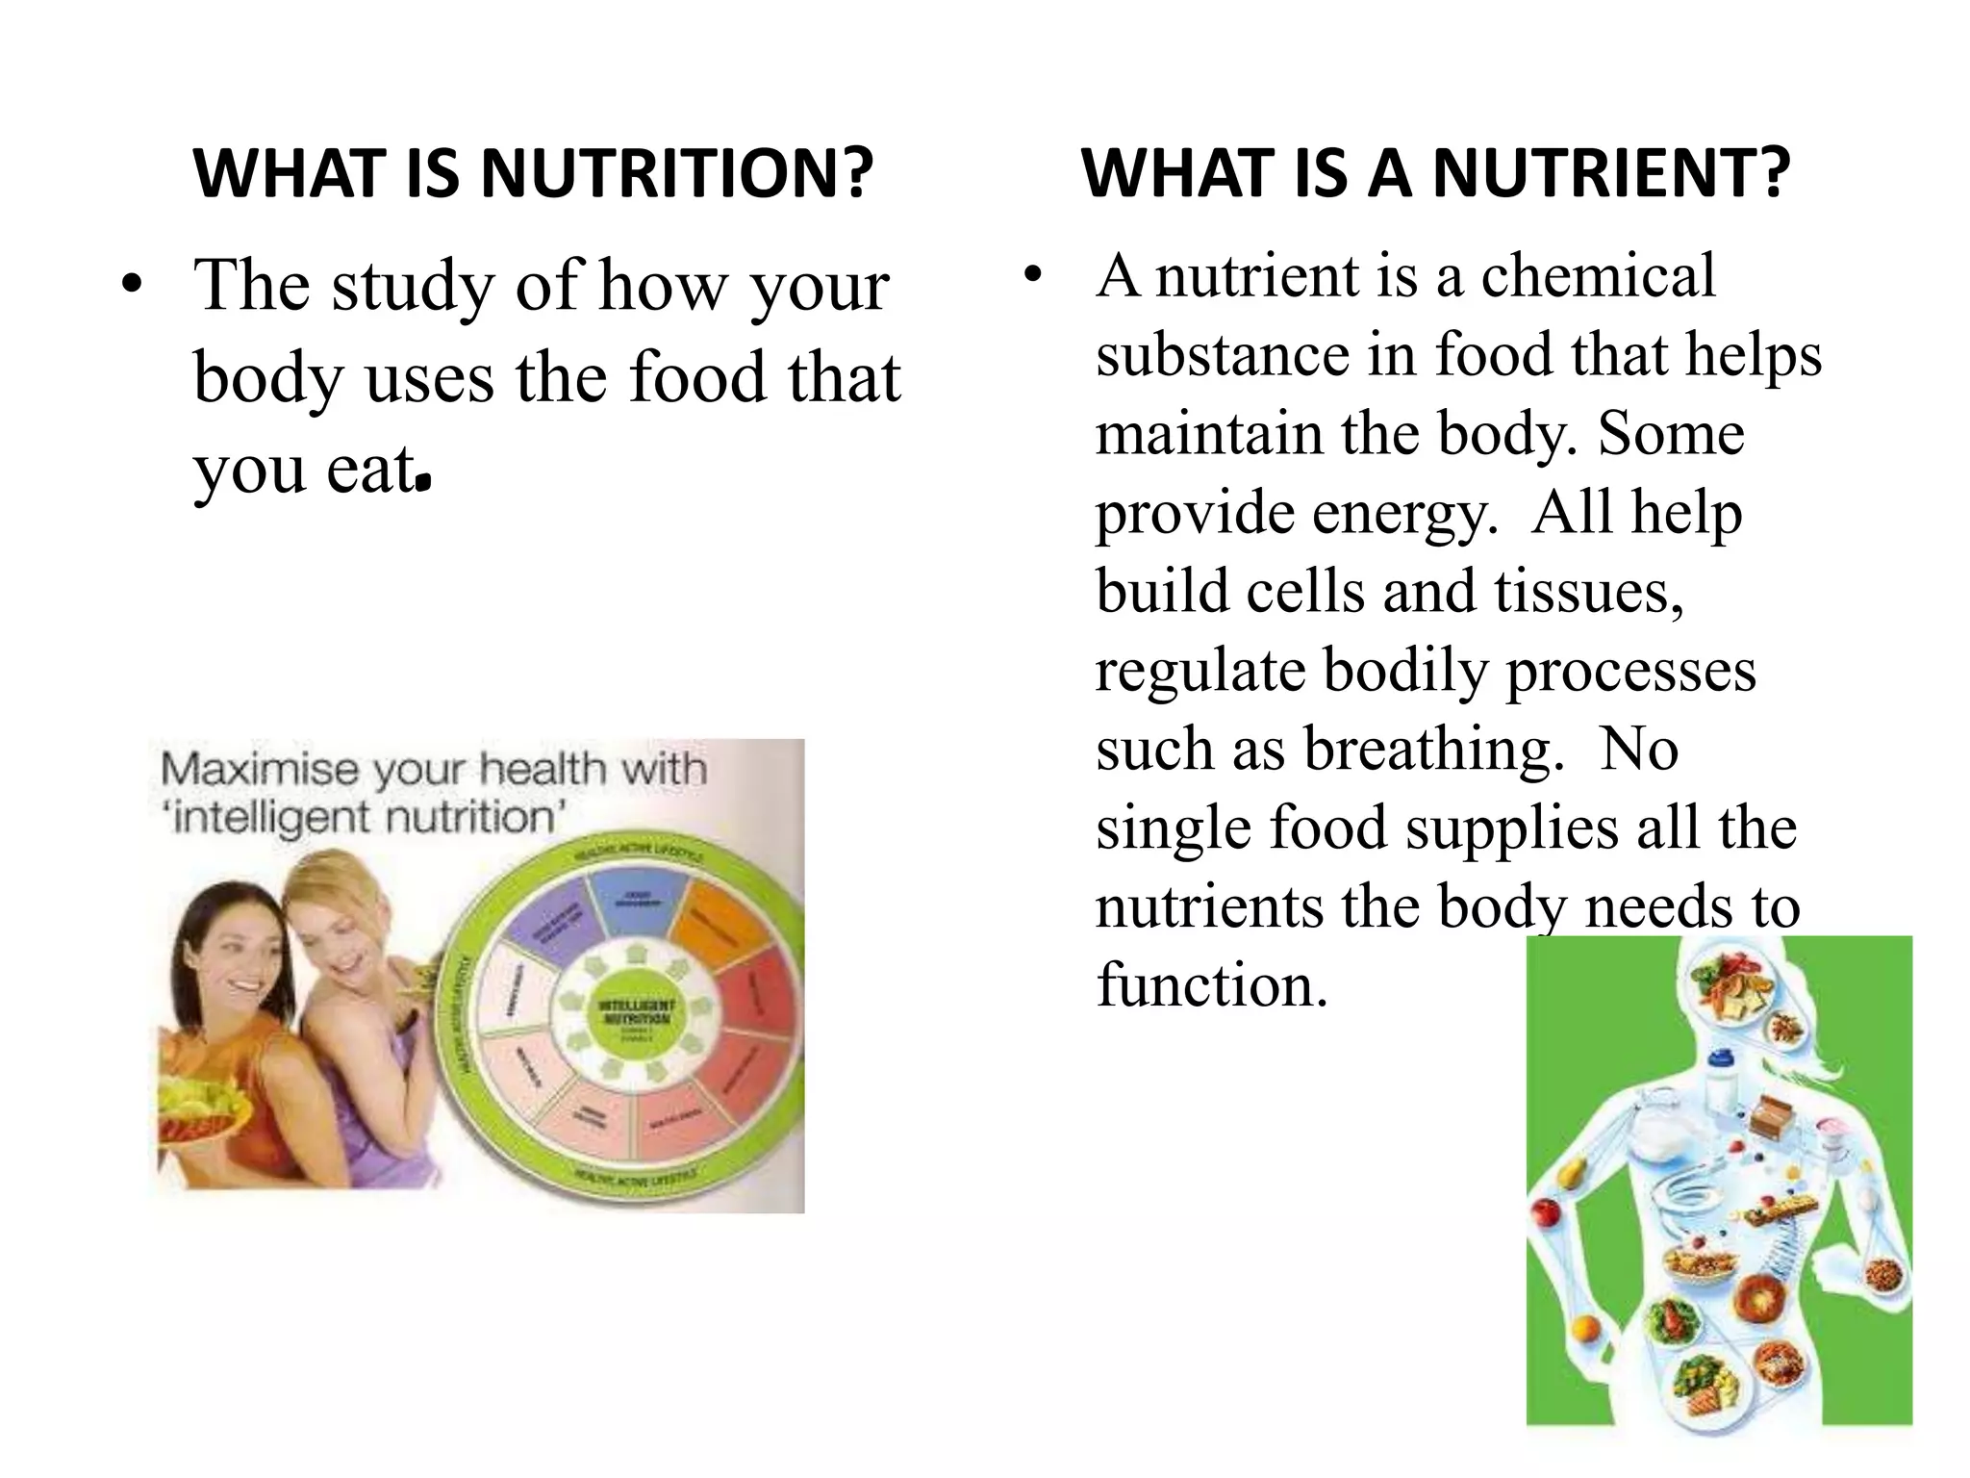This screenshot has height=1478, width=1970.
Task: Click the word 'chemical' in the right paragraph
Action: pos(1598,276)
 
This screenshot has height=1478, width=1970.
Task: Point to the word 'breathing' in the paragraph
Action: pos(1433,749)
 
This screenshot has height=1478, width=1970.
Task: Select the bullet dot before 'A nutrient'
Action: pos(1033,276)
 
